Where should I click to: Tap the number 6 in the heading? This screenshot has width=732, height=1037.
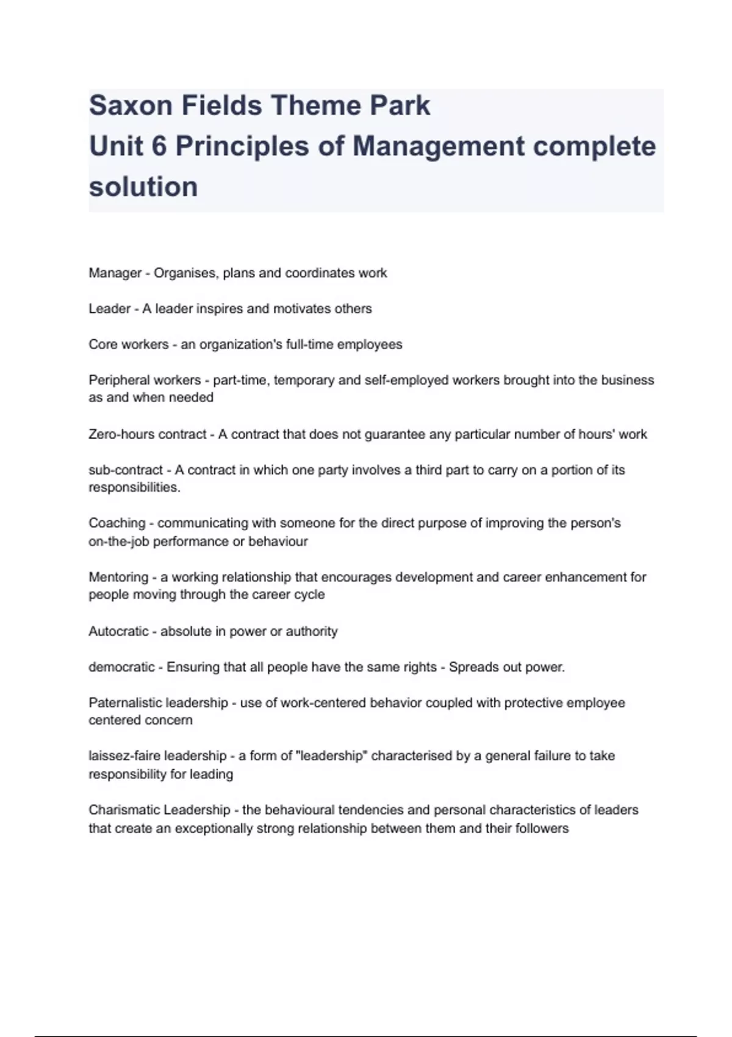(x=159, y=146)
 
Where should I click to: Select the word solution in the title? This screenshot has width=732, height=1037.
(x=143, y=187)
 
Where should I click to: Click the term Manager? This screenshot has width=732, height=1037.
(x=115, y=273)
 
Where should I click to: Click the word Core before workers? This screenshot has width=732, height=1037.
(x=103, y=345)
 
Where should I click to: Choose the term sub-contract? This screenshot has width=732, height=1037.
(x=126, y=470)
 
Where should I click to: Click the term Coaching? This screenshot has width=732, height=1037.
(x=117, y=523)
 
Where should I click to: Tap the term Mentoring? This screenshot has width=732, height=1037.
(x=118, y=577)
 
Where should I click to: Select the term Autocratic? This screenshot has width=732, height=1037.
(x=118, y=631)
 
